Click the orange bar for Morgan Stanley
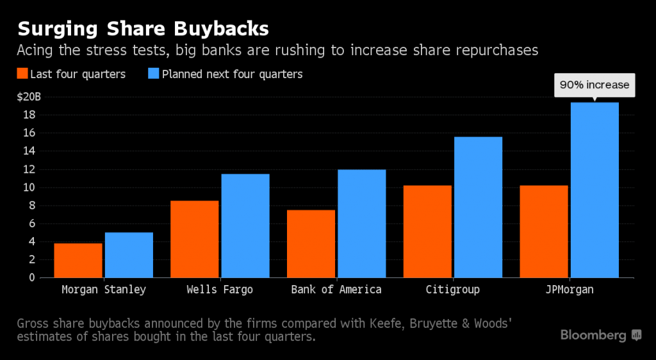[78, 260]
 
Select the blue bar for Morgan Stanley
[129, 255]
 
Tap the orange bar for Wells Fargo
[195, 239]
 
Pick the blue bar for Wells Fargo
[245, 225]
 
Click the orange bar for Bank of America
[311, 243]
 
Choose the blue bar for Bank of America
[362, 224]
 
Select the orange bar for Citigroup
[427, 231]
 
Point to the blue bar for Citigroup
[478, 207]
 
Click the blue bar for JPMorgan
[594, 190]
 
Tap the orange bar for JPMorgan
[544, 231]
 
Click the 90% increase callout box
[594, 85]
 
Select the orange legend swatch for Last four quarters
[22, 74]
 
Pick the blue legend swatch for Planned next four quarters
[154, 74]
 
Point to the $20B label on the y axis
[29, 97]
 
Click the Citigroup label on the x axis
[452, 290]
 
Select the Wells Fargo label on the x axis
[220, 290]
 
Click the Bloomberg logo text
[594, 335]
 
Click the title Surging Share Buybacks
[143, 29]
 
